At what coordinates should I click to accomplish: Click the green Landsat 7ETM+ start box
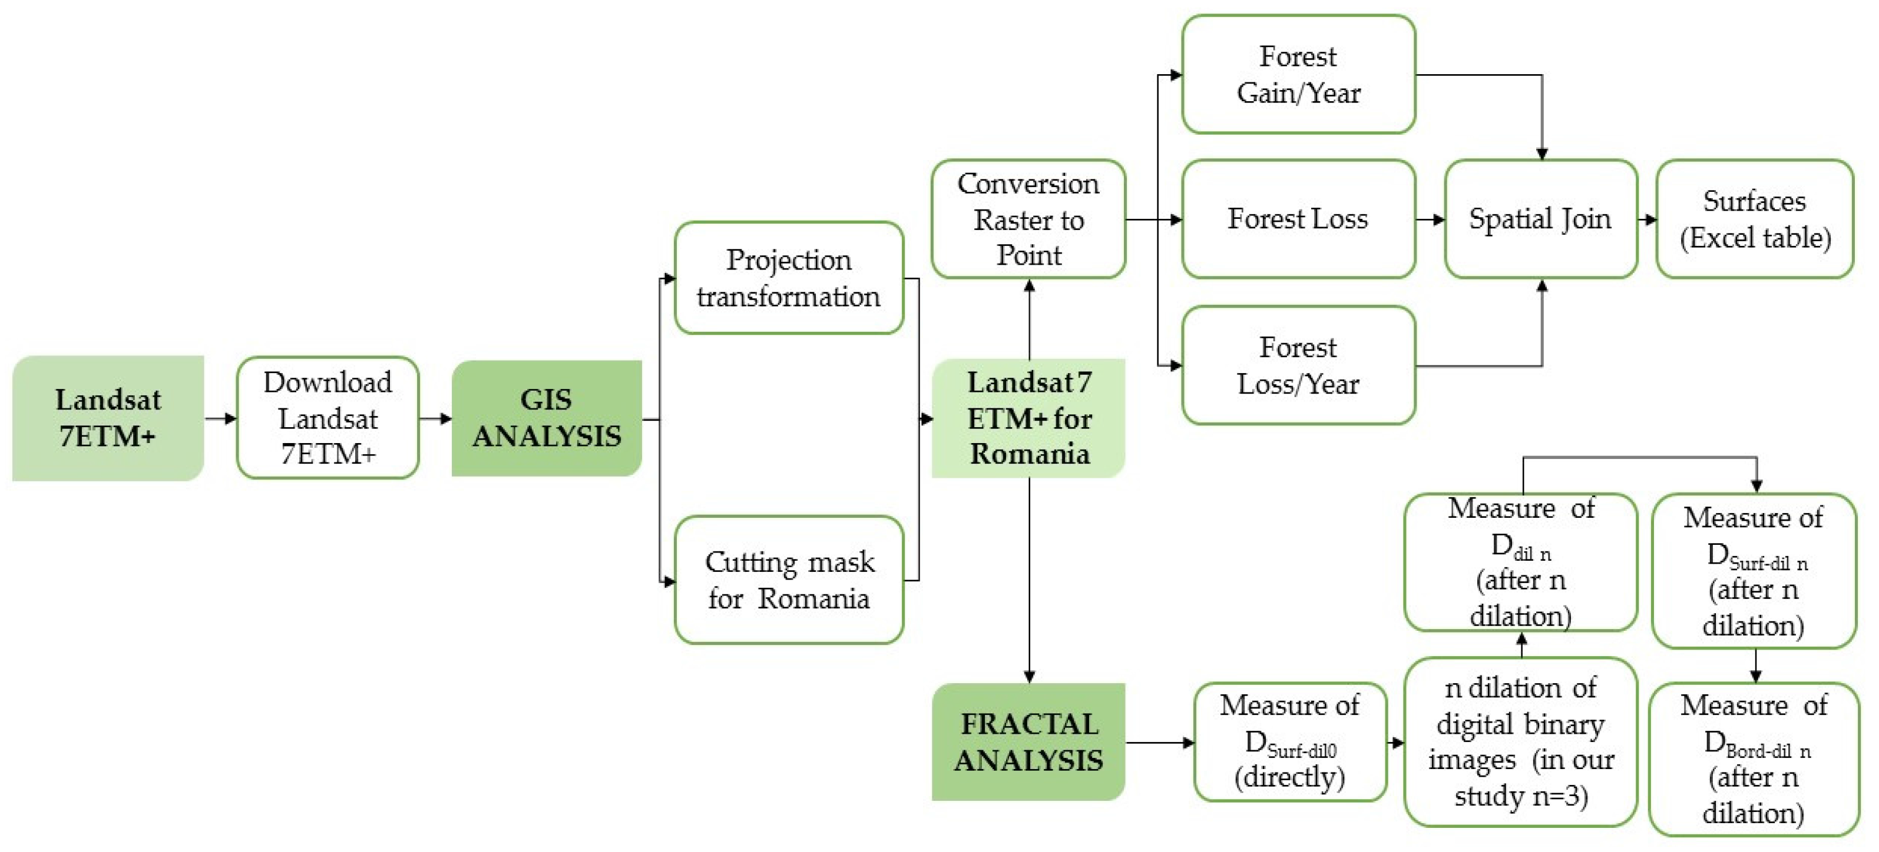(x=108, y=418)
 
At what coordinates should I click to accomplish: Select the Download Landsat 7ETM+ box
(x=327, y=418)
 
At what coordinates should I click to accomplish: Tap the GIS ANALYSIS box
(x=547, y=418)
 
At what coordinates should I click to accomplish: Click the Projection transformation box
(x=789, y=278)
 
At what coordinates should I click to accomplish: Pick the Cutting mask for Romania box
(x=789, y=580)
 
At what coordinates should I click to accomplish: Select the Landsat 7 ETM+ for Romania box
(x=1028, y=418)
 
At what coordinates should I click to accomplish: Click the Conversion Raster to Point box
(x=1028, y=219)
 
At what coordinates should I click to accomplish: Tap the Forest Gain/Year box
(x=1298, y=74)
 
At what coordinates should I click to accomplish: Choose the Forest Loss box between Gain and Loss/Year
(x=1298, y=219)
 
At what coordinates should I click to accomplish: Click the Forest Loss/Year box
(x=1298, y=365)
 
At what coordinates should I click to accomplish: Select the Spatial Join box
(x=1540, y=219)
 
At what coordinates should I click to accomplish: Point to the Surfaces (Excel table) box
(x=1754, y=219)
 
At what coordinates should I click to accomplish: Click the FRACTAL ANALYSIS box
(x=1028, y=742)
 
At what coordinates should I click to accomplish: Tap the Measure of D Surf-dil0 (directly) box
(x=1289, y=742)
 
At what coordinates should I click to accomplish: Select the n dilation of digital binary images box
(x=1521, y=742)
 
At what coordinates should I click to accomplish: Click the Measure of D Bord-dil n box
(x=1754, y=758)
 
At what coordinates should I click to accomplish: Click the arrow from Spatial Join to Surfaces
(x=1647, y=219)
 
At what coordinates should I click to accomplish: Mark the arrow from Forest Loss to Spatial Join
(x=1430, y=219)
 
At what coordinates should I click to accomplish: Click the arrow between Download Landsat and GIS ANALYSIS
(x=435, y=418)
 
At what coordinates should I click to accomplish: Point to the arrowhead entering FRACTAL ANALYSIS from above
(x=1029, y=676)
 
